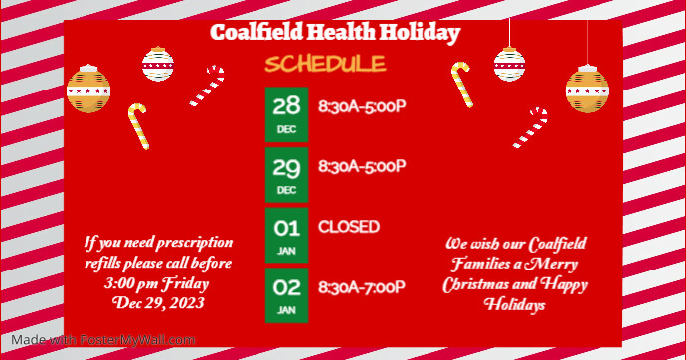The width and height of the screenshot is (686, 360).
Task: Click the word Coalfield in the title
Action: pyautogui.click(x=256, y=33)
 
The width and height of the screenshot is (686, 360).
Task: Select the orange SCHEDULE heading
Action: pyautogui.click(x=325, y=65)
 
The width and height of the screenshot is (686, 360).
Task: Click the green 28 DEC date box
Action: pyautogui.click(x=286, y=113)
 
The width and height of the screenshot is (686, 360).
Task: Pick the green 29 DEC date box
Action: pyautogui.click(x=286, y=173)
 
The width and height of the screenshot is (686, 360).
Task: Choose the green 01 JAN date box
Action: pyautogui.click(x=286, y=234)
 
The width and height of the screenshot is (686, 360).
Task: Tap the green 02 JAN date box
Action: pyautogui.click(x=286, y=294)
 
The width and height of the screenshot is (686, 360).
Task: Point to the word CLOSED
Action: pyautogui.click(x=348, y=227)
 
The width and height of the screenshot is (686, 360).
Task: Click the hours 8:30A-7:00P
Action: pyautogui.click(x=362, y=287)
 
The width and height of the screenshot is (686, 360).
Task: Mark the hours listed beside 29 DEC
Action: pyautogui.click(x=362, y=166)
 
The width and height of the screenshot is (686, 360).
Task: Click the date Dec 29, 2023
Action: pyautogui.click(x=158, y=303)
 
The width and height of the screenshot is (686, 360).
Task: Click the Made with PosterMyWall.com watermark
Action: pyautogui.click(x=98, y=340)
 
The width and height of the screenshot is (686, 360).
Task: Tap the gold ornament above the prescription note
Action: pyautogui.click(x=88, y=89)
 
